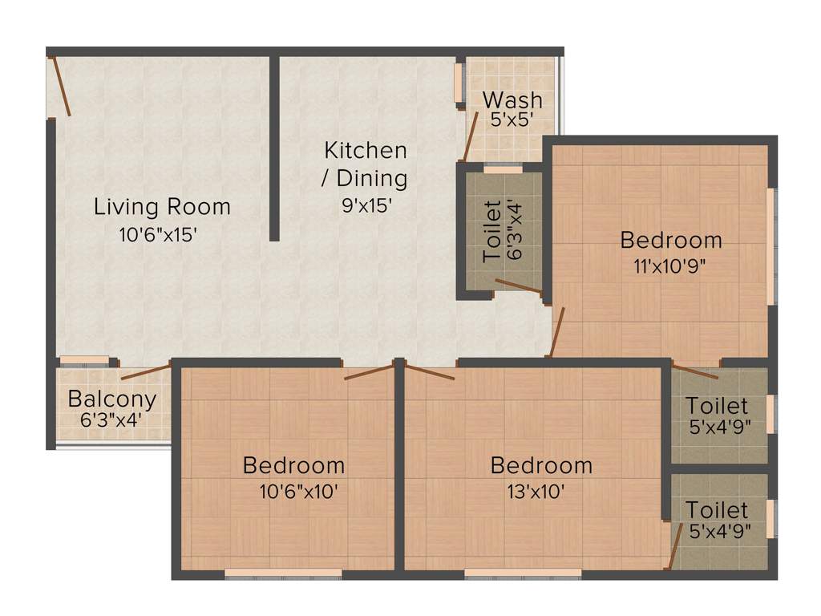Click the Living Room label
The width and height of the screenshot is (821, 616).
coord(162,207)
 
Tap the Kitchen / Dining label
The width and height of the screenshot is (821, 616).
coord(366,164)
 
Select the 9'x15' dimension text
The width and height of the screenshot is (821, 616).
coord(366,205)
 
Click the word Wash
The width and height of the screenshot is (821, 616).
coord(512,100)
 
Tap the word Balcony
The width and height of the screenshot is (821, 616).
coord(111,399)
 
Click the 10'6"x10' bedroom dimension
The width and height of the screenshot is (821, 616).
coord(294,492)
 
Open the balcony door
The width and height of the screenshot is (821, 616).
coord(145,371)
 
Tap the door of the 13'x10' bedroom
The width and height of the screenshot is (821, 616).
coord(430,371)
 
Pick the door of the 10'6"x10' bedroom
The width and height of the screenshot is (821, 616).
coord(369,371)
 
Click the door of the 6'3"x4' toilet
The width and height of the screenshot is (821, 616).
coord(518,286)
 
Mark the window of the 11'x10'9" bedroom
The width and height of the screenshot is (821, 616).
coord(770,246)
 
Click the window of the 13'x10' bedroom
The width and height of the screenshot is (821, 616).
coord(523,573)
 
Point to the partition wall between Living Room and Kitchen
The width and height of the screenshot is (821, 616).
coord(274,148)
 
